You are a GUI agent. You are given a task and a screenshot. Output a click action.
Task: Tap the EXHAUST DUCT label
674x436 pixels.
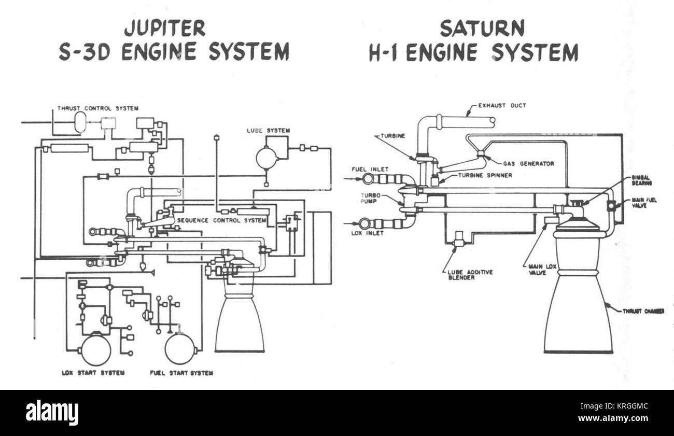502,106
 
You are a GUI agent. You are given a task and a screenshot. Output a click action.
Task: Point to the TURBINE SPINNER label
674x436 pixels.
485,175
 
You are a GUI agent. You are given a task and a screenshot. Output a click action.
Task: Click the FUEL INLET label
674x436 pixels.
370,169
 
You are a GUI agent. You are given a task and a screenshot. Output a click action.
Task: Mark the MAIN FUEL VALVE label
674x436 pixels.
643,203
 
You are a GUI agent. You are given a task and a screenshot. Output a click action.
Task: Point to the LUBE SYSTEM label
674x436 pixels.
268,130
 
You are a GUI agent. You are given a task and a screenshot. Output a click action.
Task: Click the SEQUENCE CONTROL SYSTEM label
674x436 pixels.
221,220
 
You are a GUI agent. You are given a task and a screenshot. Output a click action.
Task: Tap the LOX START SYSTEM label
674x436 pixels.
93,373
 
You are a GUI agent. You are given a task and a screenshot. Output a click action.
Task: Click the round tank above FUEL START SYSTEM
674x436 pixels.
180,348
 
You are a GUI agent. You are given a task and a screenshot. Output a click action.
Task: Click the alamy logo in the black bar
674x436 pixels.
52,413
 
